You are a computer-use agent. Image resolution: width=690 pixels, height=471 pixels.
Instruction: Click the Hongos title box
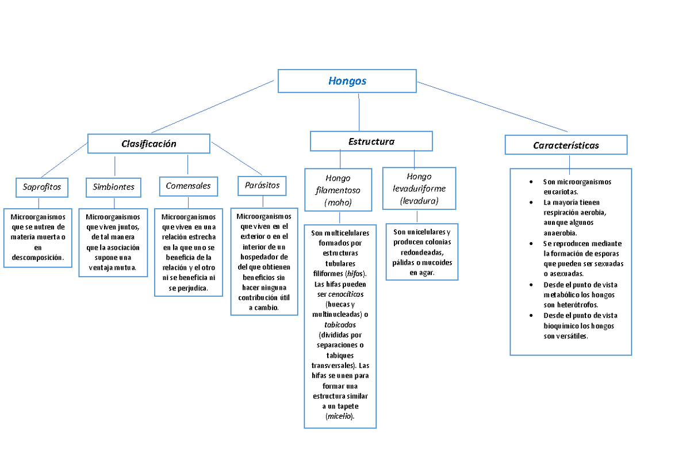[347, 81]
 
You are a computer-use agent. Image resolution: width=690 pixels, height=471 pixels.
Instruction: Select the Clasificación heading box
[148, 144]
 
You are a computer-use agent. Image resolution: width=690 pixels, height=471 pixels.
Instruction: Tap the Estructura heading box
[371, 141]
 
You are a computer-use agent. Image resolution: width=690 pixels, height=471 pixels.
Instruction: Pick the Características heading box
[566, 145]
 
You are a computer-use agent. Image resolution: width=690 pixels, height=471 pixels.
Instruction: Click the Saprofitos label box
[41, 187]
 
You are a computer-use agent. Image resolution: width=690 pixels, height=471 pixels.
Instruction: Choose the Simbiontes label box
[114, 187]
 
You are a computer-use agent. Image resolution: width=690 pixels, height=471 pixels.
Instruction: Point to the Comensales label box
[188, 186]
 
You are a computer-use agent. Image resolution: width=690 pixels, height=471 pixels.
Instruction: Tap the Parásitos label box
[262, 185]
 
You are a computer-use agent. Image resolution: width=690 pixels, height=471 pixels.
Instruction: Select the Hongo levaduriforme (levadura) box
[419, 189]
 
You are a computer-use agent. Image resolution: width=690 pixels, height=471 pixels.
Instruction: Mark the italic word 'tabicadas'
[340, 325]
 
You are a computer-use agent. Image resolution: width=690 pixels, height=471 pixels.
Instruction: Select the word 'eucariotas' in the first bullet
[560, 192]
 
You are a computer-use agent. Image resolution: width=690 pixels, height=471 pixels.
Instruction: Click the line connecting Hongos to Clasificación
[213, 106]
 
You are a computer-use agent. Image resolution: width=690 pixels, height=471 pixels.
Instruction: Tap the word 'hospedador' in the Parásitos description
[264, 257]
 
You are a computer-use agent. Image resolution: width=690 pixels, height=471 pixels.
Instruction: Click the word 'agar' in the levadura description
[426, 273]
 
